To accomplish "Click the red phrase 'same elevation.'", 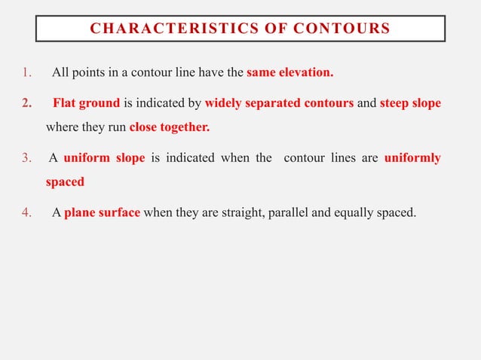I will point(290,74).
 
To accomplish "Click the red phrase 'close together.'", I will point(170,127).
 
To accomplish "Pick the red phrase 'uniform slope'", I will point(104,159).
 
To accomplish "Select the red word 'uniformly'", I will point(412,159).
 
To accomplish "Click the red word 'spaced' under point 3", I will point(65,182).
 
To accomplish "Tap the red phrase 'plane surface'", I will point(103,212).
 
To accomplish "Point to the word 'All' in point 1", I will point(60,74).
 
